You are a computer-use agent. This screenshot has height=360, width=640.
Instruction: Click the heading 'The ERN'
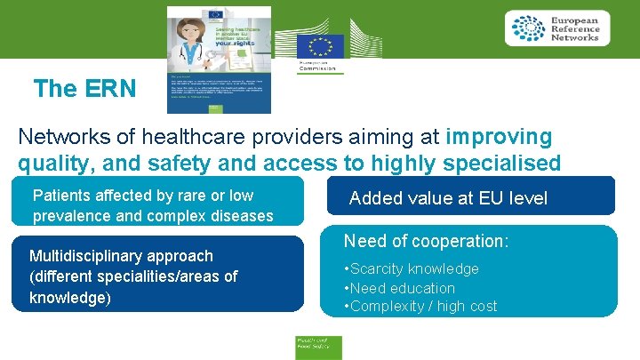click(85, 89)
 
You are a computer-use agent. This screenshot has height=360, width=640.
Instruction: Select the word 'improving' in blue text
click(499, 137)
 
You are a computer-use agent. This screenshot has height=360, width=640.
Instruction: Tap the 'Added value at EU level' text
click(448, 198)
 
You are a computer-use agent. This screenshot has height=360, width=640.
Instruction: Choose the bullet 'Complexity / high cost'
click(423, 307)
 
